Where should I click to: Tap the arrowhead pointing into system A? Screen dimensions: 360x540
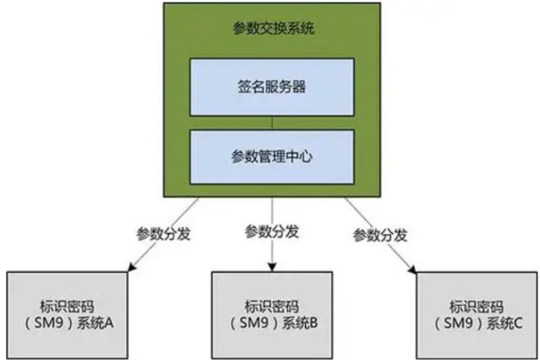(129, 269)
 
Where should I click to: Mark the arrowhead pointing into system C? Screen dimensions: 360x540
(413, 269)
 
